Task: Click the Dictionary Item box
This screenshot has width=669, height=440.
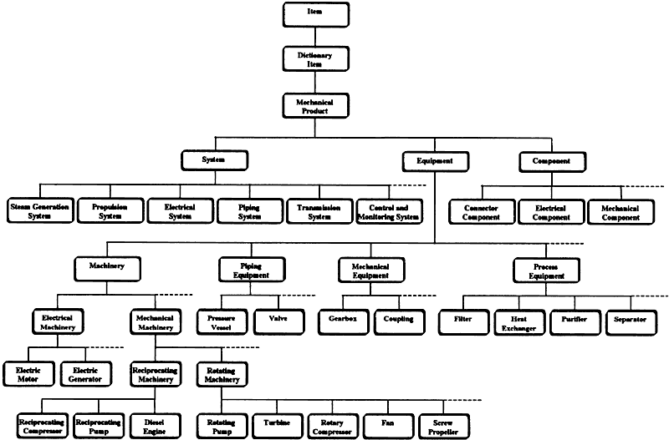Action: tap(316, 58)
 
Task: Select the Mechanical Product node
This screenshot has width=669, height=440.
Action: tap(316, 106)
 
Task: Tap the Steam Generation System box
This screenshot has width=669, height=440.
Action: tap(40, 211)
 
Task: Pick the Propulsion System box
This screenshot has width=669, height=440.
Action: tap(110, 211)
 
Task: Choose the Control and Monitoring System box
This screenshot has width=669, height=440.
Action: tap(389, 212)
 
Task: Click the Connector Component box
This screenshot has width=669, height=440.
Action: tap(482, 212)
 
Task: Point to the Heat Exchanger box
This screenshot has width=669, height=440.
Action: tap(519, 323)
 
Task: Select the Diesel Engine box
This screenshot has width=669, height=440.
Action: tap(155, 427)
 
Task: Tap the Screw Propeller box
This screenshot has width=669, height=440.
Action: tap(444, 427)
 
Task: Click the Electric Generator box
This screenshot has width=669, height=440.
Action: tap(86, 374)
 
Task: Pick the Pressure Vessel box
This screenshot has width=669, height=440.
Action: tap(222, 322)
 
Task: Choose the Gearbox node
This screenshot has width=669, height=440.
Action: tap(344, 322)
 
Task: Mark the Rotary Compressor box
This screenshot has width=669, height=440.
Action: tap(332, 427)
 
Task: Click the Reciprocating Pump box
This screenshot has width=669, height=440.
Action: tap(99, 427)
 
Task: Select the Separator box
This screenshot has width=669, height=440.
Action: tap(631, 323)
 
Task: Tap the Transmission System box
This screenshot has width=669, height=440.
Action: tap(319, 211)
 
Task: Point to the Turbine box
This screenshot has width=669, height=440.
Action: tap(277, 427)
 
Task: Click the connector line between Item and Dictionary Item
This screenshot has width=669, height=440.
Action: tap(315, 37)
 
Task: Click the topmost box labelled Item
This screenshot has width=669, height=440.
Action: tap(316, 14)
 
